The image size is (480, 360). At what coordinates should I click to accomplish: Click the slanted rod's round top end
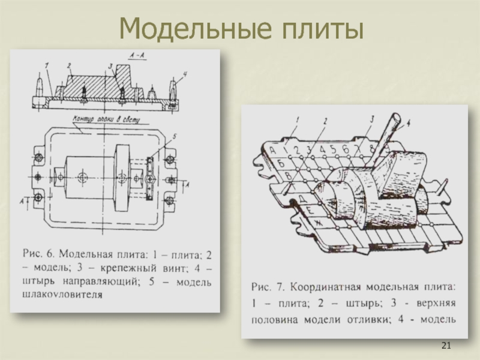point(398,118)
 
